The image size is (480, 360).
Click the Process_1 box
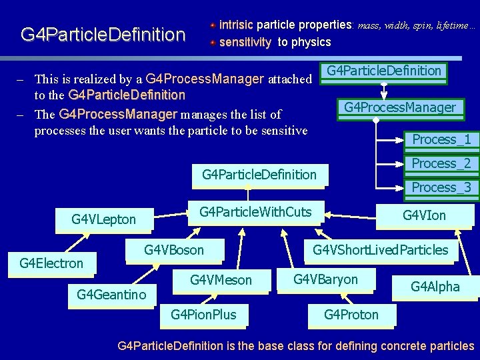pos(441,139)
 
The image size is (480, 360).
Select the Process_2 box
pos(441,163)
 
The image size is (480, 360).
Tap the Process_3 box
pos(441,187)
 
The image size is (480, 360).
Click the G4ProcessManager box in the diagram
pos(400,107)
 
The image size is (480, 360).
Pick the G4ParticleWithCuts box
pos(255,212)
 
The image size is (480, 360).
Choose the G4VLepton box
pos(103,219)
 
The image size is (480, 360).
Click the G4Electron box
pos(51,263)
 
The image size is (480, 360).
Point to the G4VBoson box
pos(174,250)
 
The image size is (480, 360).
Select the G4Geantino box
pos(111,294)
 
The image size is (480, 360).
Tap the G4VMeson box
pos(221,280)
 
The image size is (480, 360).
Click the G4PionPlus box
pos(203,315)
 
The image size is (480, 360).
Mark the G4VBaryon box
pos(325,279)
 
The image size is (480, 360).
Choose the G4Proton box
pos(351,315)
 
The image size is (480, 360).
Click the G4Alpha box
pos(435,287)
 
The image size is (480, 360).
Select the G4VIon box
pos(424,215)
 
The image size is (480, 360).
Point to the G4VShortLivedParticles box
pos(381,250)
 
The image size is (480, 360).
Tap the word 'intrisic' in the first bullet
pos(236,25)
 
